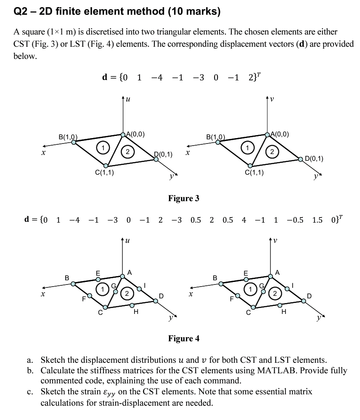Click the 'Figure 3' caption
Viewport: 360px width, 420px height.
183,198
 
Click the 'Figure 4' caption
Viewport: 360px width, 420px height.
183,338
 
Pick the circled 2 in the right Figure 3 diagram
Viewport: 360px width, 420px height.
272,152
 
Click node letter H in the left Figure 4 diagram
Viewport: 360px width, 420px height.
135,312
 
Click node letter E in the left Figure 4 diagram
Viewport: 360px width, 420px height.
98,272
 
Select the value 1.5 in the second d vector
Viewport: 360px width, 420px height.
318,220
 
